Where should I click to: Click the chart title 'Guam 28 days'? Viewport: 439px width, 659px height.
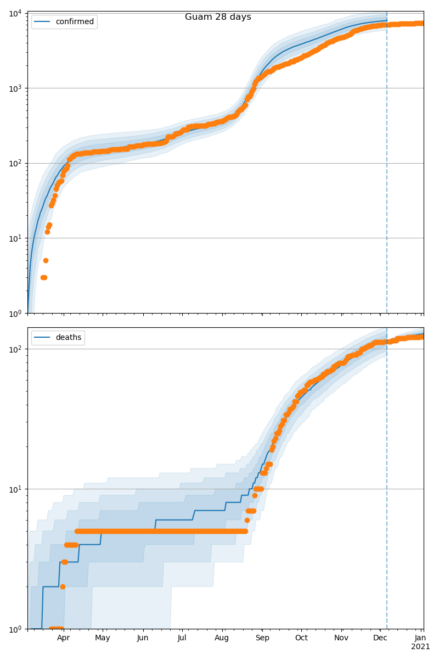(x=218, y=17)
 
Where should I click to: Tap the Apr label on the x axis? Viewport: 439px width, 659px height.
(x=64, y=638)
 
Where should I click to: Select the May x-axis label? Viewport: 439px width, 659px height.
(x=103, y=638)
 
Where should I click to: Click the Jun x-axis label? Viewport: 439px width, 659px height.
(x=143, y=638)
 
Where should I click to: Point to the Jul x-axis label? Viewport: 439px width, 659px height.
(x=182, y=638)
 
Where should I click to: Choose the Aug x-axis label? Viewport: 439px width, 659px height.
(x=222, y=638)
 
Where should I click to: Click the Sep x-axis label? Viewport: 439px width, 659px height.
(x=262, y=638)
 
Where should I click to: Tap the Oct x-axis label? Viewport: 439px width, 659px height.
(x=301, y=638)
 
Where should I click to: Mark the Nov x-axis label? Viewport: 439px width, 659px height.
(x=341, y=638)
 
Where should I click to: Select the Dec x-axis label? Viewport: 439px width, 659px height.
(x=380, y=638)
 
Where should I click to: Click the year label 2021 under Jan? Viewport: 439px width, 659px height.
(x=420, y=647)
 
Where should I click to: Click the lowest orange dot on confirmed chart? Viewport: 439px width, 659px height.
(x=43, y=277)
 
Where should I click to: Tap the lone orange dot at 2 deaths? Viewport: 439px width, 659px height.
(x=63, y=587)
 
